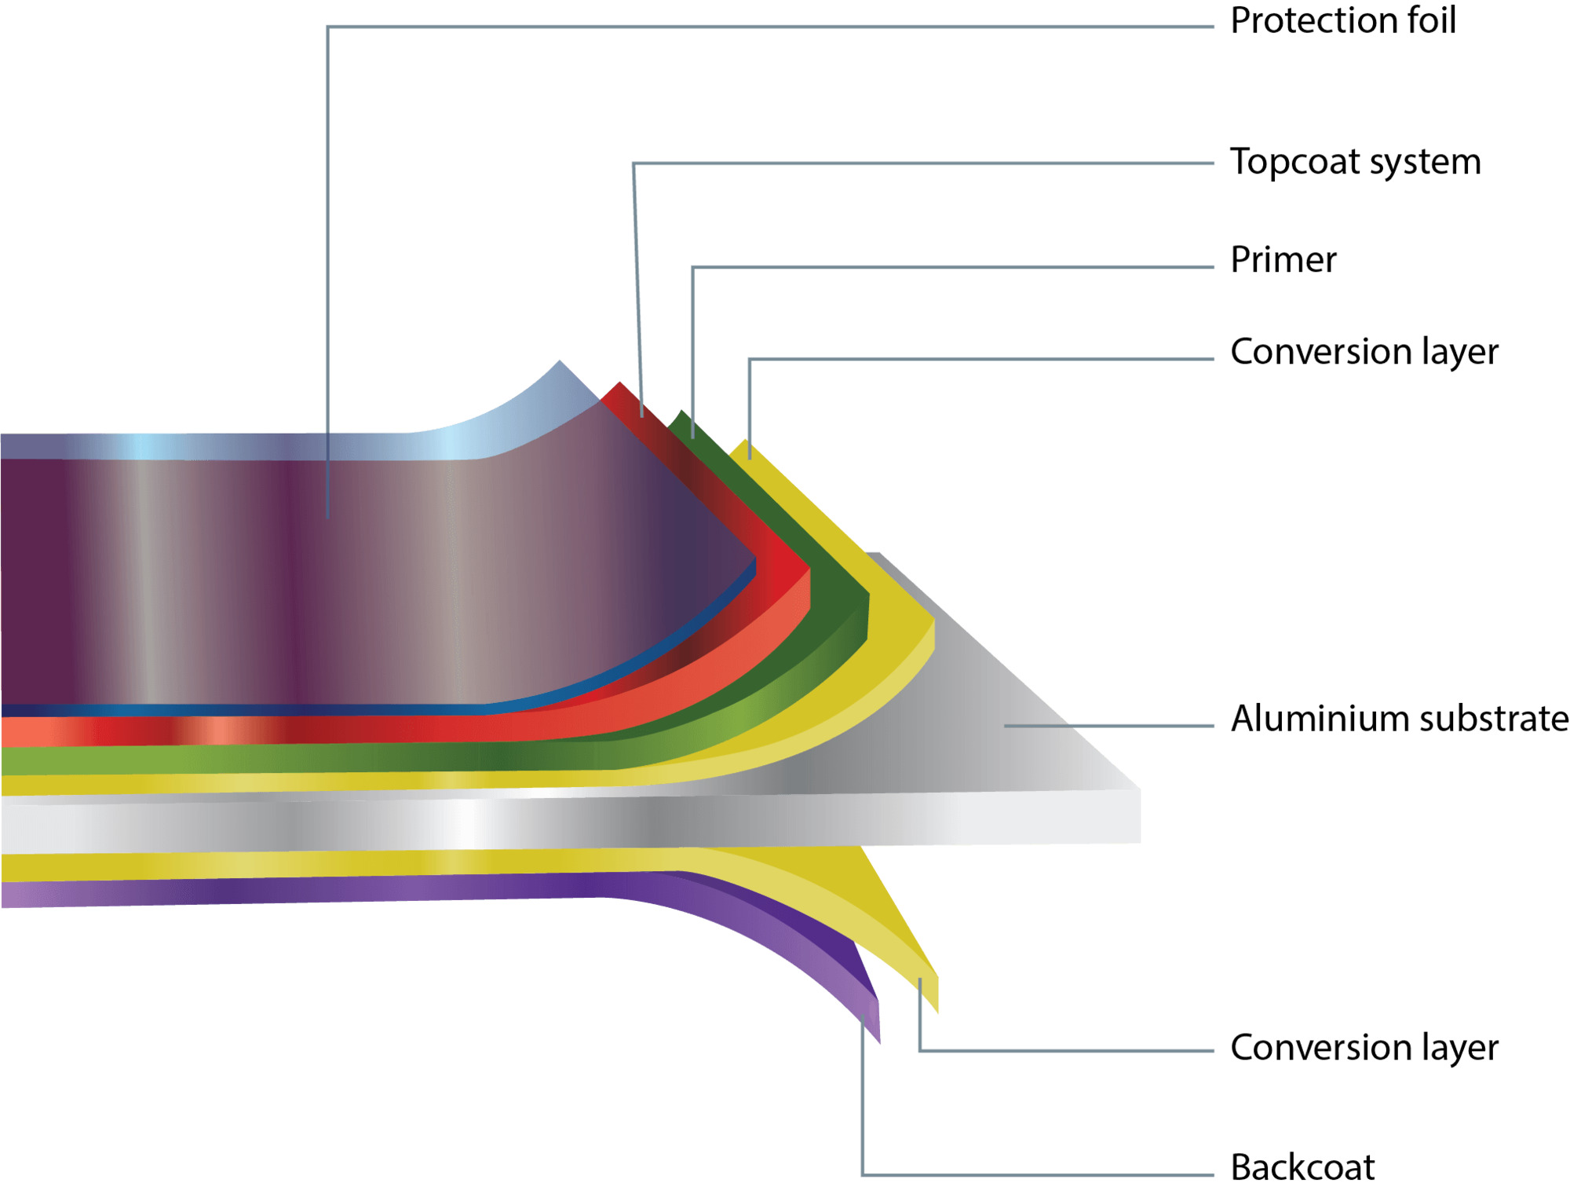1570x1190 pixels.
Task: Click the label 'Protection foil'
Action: (x=1342, y=21)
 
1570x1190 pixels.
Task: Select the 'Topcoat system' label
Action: (x=1355, y=163)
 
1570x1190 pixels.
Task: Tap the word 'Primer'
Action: (x=1283, y=260)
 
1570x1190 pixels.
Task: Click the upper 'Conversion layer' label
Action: (x=1364, y=352)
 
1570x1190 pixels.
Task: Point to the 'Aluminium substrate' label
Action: (x=1399, y=719)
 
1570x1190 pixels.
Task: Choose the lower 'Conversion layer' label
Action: (x=1364, y=1048)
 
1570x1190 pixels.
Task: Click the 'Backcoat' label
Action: (x=1302, y=1167)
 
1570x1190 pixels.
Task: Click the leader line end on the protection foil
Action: (x=328, y=515)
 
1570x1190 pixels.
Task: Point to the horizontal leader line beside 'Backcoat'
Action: (x=1036, y=1175)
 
